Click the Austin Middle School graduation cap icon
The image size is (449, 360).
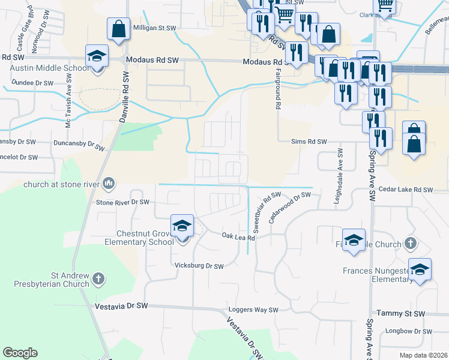97,56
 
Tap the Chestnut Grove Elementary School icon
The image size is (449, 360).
182,226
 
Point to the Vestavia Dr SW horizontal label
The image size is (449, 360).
121,306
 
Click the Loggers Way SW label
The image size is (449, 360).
253,310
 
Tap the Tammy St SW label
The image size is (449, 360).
400,314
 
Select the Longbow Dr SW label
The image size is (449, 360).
408,331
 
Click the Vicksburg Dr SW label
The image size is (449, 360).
198,266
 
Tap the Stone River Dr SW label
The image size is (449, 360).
122,202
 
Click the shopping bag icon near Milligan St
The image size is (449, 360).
119,28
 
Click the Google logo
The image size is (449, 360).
20,353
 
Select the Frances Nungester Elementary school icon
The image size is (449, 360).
420,269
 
